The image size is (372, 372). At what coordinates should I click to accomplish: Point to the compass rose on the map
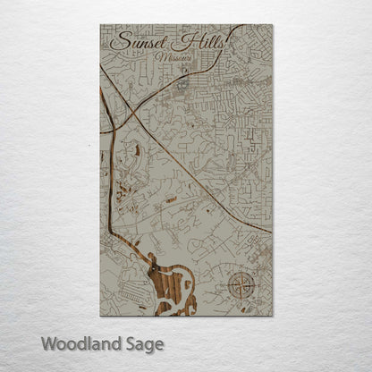click(241, 286)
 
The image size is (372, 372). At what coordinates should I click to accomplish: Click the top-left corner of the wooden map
click(100, 24)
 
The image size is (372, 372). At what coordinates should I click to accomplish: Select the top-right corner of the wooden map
click(272, 24)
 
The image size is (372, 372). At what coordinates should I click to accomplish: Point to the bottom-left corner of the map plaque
click(100, 316)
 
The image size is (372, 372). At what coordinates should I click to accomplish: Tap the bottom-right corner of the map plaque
click(272, 316)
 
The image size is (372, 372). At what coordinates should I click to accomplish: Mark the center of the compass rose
click(241, 287)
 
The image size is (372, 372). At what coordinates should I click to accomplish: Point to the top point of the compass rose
click(241, 274)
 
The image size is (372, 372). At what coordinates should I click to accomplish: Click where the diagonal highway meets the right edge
click(271, 232)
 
